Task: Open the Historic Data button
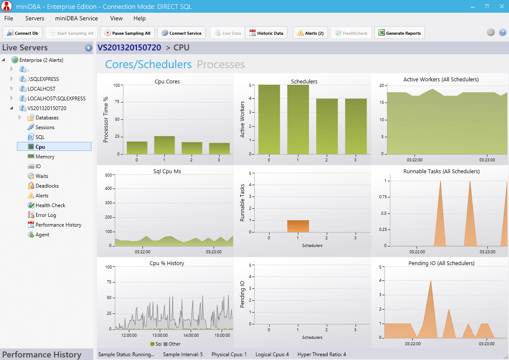coord(266,33)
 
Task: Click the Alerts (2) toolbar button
coord(310,33)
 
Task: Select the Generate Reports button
coord(399,33)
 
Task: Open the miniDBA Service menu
coord(76,18)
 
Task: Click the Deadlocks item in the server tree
coord(47,186)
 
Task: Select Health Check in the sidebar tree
coord(50,205)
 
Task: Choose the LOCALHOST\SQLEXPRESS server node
coord(56,99)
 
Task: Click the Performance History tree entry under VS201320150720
coord(58,225)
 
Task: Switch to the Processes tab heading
coord(221,64)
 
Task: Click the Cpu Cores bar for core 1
coord(164,145)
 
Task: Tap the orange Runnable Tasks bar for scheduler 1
coord(298,226)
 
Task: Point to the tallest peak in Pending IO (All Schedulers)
coord(431,281)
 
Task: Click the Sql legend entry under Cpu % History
coord(156,344)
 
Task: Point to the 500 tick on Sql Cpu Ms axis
coord(108,175)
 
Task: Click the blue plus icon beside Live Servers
coord(88,48)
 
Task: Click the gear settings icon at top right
coord(491,33)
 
